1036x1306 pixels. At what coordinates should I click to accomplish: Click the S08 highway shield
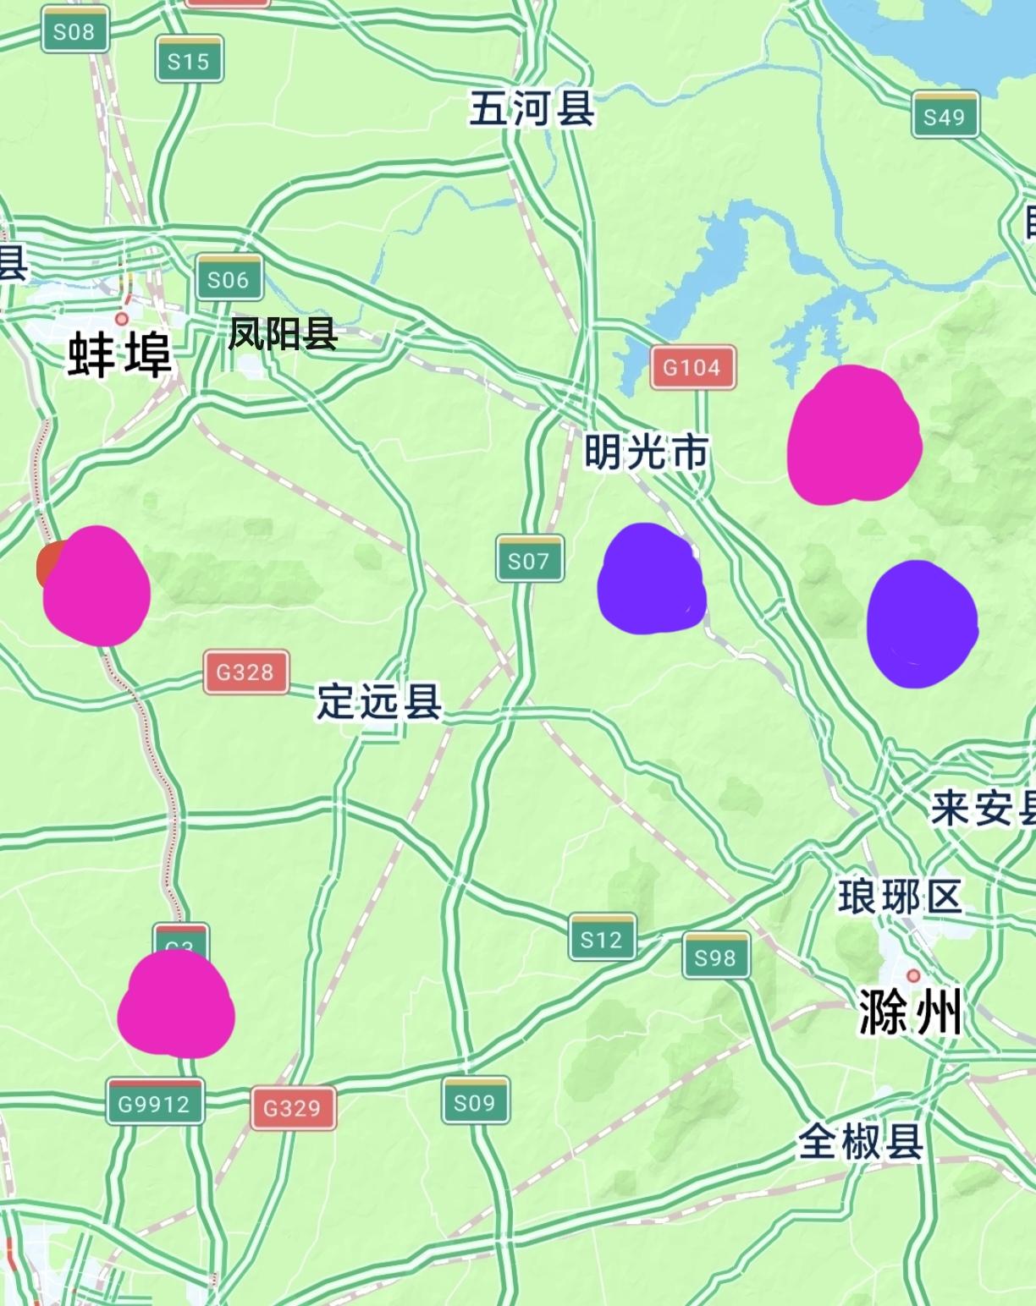[x=74, y=30]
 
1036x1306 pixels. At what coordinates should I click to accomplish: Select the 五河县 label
[x=532, y=109]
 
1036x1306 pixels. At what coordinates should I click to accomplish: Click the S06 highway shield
[x=229, y=278]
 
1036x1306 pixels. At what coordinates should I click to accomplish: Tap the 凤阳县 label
[x=283, y=335]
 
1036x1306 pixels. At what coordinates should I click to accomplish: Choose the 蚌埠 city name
[x=120, y=354]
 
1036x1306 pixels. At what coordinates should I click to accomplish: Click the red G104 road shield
[x=692, y=367]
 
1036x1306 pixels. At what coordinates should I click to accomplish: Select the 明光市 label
[x=647, y=453]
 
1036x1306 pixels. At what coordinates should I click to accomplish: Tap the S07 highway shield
[x=529, y=559]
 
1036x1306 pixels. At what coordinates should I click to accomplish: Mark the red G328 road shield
[x=245, y=672]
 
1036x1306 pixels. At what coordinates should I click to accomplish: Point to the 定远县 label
[x=379, y=701]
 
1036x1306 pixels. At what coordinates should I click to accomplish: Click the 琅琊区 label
[x=901, y=897]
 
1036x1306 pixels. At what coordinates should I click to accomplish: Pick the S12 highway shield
[x=602, y=937]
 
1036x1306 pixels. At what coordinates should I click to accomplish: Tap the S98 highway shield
[x=716, y=956]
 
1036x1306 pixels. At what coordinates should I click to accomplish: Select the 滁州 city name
[x=911, y=1012]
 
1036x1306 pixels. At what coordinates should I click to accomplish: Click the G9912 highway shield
[x=155, y=1102]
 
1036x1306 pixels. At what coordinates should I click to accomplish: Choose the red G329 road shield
[x=293, y=1107]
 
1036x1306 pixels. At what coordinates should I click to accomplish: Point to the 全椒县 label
[x=860, y=1143]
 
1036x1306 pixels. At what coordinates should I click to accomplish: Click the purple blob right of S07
[x=651, y=579]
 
